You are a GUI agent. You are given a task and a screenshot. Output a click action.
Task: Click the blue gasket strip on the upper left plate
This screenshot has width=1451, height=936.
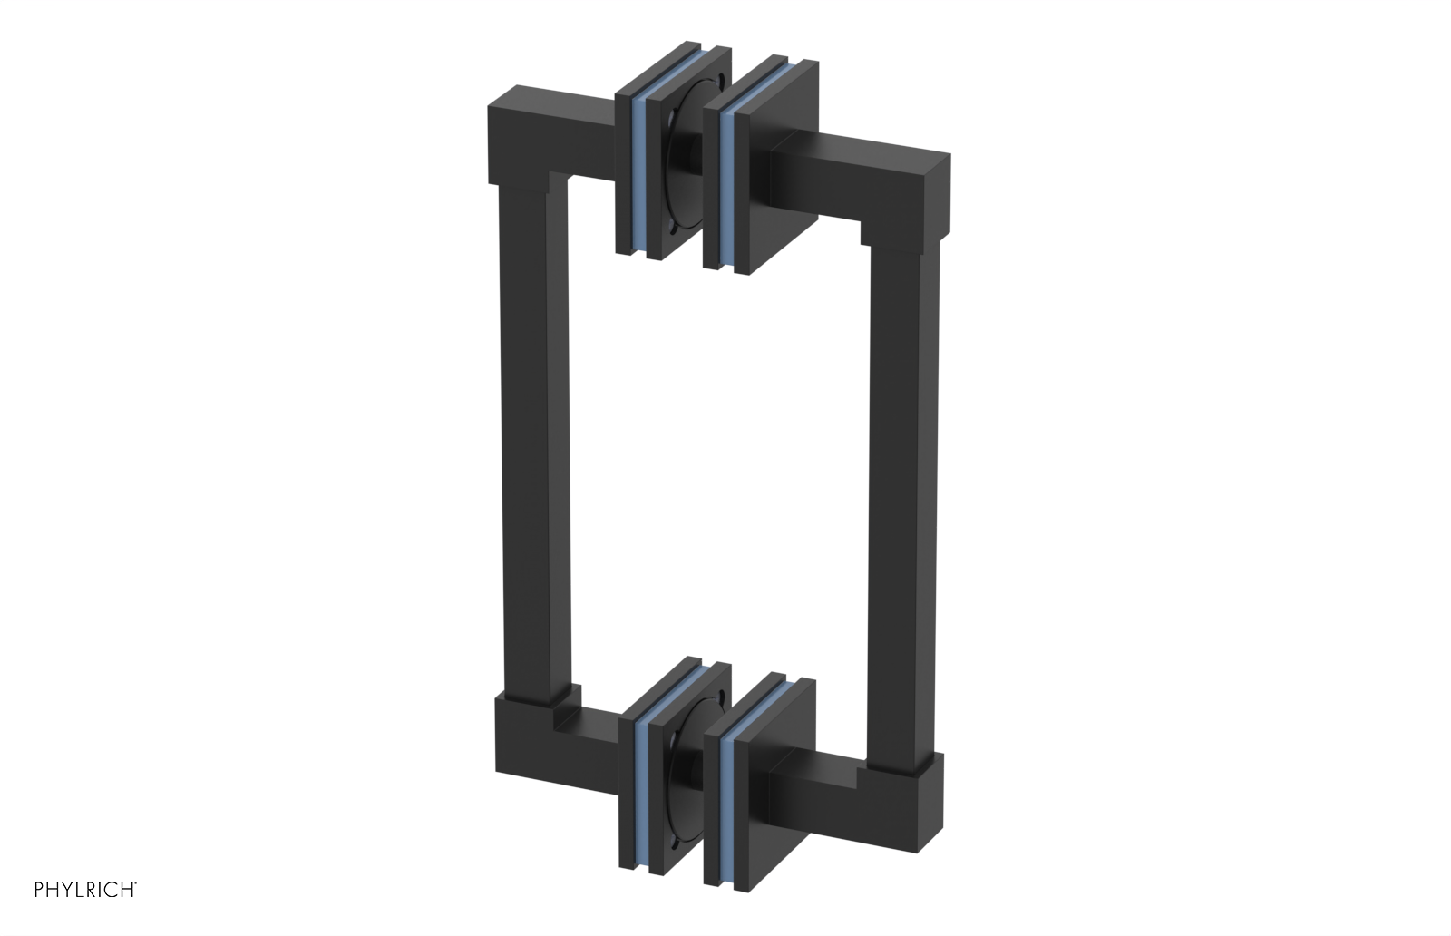point(640,181)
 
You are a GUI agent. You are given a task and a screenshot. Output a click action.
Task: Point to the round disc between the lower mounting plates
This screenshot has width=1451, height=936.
point(686,771)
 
